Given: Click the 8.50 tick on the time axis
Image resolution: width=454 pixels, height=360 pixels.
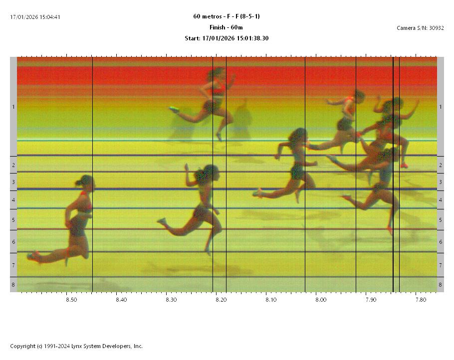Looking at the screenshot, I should (x=71, y=300).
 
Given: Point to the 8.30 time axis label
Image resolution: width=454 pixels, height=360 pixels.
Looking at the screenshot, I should (x=171, y=300).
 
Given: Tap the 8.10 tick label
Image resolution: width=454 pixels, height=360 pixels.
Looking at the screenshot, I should (x=271, y=300).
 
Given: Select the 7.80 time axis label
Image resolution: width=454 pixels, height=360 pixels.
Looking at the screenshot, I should (x=421, y=300).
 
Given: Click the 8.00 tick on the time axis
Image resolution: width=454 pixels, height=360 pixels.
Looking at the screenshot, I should (x=321, y=300).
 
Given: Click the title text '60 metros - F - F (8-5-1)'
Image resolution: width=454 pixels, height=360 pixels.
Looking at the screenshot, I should (x=227, y=16).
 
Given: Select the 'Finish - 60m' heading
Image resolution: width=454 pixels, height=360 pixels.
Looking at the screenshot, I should (x=227, y=27).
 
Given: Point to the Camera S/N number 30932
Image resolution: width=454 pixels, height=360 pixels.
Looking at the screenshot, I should (x=436, y=28).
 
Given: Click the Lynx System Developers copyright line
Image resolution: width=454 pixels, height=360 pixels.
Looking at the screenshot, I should (x=76, y=346).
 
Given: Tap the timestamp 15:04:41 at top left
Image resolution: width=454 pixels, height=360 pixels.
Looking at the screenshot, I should (x=50, y=17).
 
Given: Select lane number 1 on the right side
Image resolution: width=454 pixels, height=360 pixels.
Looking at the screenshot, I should (x=441, y=107).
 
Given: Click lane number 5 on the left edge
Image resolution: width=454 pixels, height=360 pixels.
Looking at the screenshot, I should (x=13, y=220).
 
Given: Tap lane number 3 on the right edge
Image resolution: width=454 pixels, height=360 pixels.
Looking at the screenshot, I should (x=441, y=182).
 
